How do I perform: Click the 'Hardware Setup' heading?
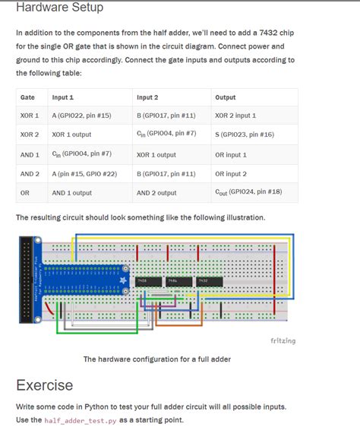[x=59, y=8]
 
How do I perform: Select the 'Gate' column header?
[x=27, y=98]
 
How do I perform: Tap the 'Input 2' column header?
[x=147, y=98]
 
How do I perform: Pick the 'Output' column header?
[x=226, y=98]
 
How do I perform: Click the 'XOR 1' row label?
[x=30, y=115]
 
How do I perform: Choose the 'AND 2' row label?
[x=30, y=174]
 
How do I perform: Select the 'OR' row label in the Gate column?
[x=25, y=193]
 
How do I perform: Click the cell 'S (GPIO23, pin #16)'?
[x=245, y=134]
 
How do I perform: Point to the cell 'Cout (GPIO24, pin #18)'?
[x=248, y=192]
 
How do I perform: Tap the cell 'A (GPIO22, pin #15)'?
[x=81, y=115]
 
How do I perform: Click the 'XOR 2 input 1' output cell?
[x=235, y=115]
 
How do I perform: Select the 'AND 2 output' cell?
[x=156, y=193]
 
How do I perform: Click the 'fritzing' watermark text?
[x=283, y=340]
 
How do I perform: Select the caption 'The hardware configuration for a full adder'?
[x=156, y=359]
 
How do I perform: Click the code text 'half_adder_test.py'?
[x=80, y=420]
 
